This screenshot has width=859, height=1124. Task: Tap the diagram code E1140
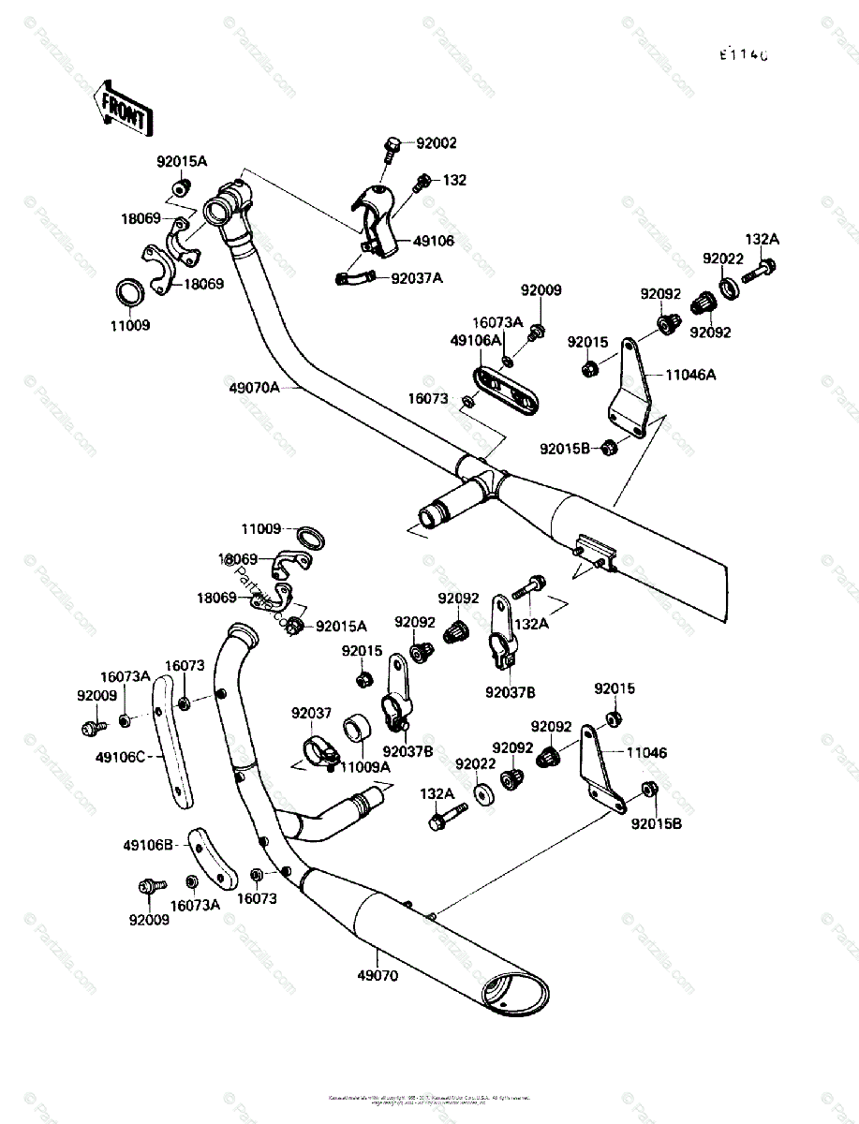coord(744,55)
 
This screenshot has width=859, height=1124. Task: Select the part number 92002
coord(437,143)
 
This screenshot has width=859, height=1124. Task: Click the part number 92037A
coord(417,277)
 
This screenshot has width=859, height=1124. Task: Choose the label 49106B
coord(148,846)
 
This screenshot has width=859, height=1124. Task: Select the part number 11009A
coord(364,766)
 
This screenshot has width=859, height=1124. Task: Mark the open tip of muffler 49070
coord(515,993)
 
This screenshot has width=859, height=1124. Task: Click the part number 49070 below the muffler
coord(377,975)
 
